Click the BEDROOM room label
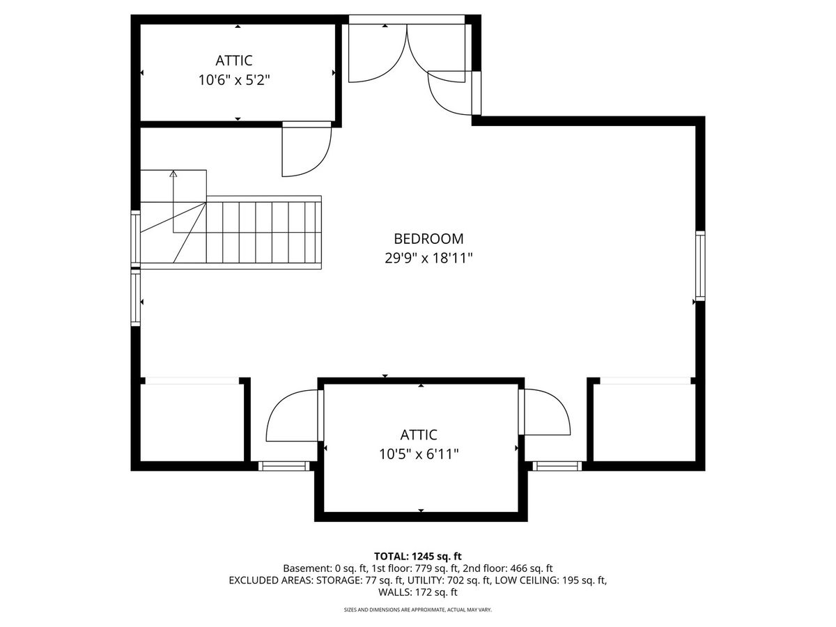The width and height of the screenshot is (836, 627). point(428,239)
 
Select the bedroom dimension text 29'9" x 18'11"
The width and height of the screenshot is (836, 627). point(428,258)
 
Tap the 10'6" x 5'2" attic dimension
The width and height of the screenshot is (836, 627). point(234,80)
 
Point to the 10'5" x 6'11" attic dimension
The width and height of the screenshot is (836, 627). point(419,454)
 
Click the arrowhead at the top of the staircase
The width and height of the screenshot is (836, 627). point(173,174)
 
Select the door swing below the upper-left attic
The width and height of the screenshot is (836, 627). point(307,150)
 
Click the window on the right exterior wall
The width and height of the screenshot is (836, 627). point(700,265)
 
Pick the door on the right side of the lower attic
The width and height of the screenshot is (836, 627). point(544,412)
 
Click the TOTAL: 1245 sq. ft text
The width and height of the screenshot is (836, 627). point(418,556)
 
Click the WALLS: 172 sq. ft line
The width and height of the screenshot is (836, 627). point(418,592)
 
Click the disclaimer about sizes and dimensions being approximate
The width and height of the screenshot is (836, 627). point(418,610)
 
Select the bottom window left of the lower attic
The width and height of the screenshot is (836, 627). point(284,466)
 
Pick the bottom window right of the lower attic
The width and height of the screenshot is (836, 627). point(557,466)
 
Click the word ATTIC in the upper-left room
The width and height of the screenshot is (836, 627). point(234,61)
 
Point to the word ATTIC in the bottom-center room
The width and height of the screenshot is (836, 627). point(419,434)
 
